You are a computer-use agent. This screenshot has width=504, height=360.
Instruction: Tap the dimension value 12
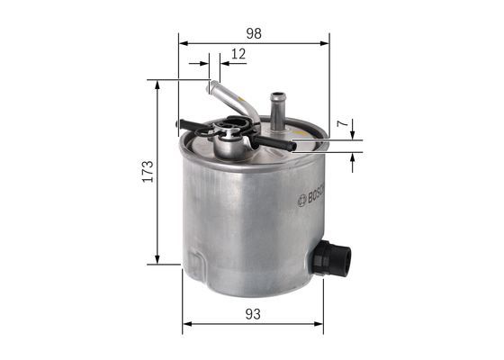tap(238, 54)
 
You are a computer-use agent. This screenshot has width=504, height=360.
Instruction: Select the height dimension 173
tap(147, 171)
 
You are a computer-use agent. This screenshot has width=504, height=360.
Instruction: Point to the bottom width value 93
tap(253, 313)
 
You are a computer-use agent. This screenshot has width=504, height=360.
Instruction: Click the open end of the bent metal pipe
tap(213, 87)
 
